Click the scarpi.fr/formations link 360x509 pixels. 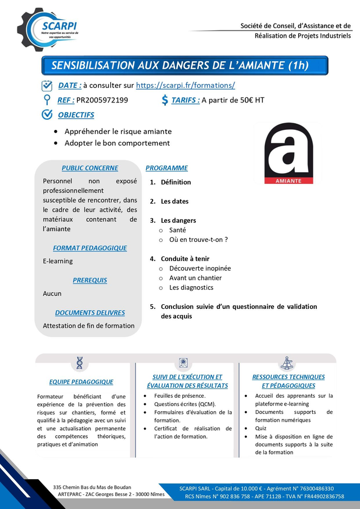pyautogui.click(x=186, y=85)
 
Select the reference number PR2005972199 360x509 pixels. pyautogui.click(x=102, y=100)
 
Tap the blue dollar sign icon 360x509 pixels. pyautogui.click(x=165, y=100)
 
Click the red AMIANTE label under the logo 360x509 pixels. pyautogui.click(x=289, y=181)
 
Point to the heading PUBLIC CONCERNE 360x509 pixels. pyautogui.click(x=90, y=168)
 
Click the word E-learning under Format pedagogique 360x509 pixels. pyautogui.click(x=58, y=261)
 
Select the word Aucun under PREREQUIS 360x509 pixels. pyautogui.click(x=52, y=294)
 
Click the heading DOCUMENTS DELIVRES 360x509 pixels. pyautogui.click(x=90, y=313)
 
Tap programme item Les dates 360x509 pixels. pyautogui.click(x=174, y=201)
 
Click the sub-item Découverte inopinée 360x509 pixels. pyautogui.click(x=200, y=268)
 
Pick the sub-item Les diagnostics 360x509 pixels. pyautogui.click(x=191, y=287)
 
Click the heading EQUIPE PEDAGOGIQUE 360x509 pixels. pyautogui.click(x=81, y=382)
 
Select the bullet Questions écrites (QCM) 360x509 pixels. pyautogui.click(x=185, y=404)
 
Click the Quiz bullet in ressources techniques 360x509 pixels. pyautogui.click(x=261, y=428)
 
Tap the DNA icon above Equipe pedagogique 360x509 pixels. pyautogui.click(x=80, y=363)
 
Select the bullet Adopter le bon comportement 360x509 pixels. pyautogui.click(x=117, y=143)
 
